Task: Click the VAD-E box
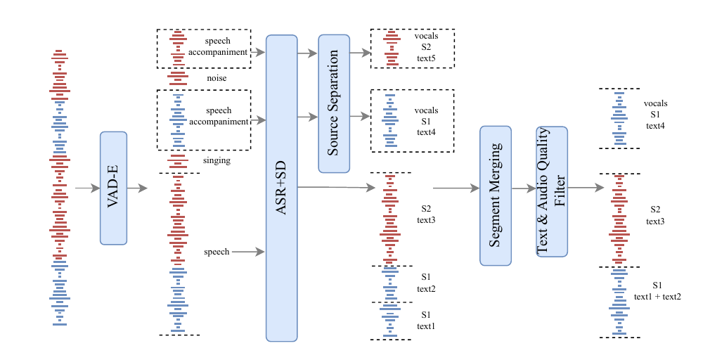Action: click(x=113, y=188)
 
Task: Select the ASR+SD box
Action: click(x=281, y=188)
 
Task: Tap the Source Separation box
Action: click(x=334, y=103)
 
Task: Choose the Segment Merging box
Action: click(x=496, y=195)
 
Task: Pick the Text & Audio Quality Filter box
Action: click(x=552, y=191)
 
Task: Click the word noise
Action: click(x=217, y=78)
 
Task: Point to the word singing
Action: click(x=217, y=161)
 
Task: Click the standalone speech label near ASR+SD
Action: click(x=217, y=252)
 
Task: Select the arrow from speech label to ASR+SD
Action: click(x=248, y=252)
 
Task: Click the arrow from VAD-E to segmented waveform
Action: click(x=137, y=188)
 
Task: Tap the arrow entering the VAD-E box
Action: click(x=87, y=188)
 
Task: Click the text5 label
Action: click(x=426, y=58)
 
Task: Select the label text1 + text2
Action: click(x=657, y=297)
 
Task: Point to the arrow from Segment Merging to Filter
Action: click(x=524, y=188)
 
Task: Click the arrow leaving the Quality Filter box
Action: click(x=586, y=188)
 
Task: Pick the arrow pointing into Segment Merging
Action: click(x=456, y=188)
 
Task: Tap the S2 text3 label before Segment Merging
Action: click(x=426, y=214)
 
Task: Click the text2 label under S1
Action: click(x=426, y=289)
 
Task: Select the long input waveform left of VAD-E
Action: click(x=60, y=188)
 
